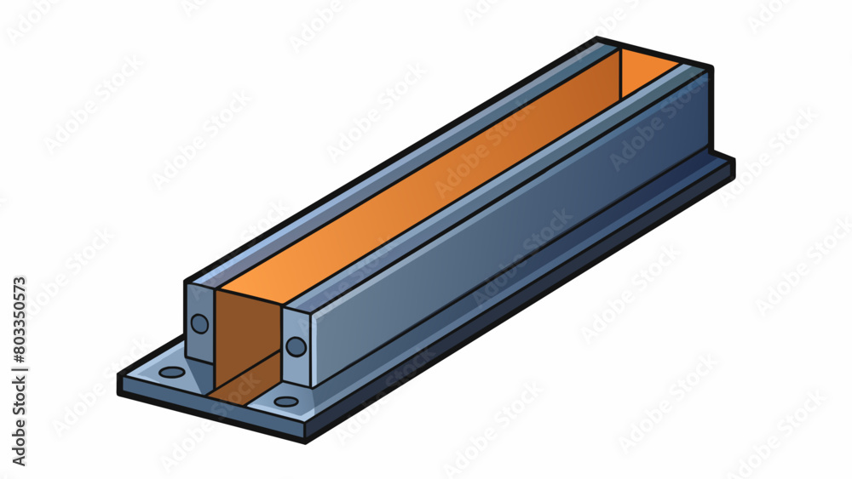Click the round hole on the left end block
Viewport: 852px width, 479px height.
(199, 323)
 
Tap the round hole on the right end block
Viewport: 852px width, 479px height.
(296, 346)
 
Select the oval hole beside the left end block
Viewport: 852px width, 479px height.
(171, 372)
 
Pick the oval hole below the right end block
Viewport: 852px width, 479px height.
(286, 401)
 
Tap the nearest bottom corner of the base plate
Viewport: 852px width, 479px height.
(304, 438)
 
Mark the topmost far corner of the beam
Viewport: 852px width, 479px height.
(597, 39)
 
